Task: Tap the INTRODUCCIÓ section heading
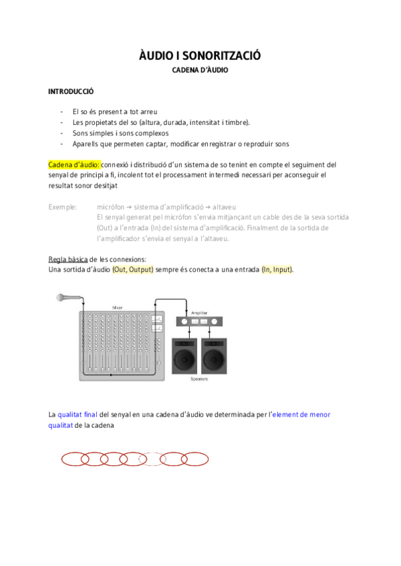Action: [x=71, y=91]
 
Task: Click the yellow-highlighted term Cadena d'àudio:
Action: [x=74, y=164]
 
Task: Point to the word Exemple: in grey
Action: [x=63, y=207]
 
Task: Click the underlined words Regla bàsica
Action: [x=68, y=258]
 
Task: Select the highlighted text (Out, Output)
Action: [x=133, y=269]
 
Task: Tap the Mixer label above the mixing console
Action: [x=117, y=308]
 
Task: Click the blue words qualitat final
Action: [x=78, y=414]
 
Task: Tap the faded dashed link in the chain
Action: [x=152, y=459]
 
